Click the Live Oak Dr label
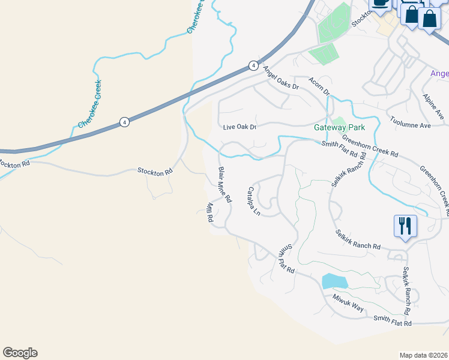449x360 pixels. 240,127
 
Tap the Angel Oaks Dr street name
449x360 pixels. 280,78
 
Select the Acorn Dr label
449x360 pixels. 319,86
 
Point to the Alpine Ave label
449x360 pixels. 432,106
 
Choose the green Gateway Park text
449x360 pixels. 339,128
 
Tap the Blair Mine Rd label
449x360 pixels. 224,184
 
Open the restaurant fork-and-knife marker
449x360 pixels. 405,227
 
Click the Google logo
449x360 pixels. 20,353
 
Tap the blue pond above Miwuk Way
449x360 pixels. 334,281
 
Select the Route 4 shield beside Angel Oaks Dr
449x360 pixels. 254,65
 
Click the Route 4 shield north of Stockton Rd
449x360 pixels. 124,122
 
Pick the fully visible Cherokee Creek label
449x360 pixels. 89,104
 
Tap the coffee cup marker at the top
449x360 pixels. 381,4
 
